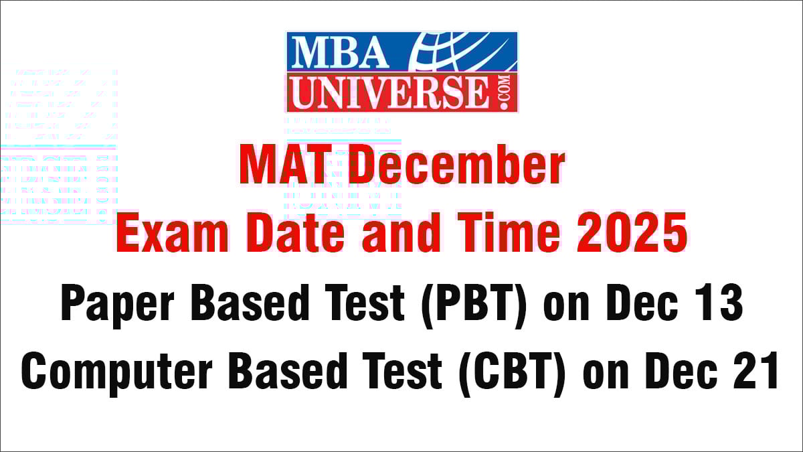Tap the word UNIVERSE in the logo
point(390,92)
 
